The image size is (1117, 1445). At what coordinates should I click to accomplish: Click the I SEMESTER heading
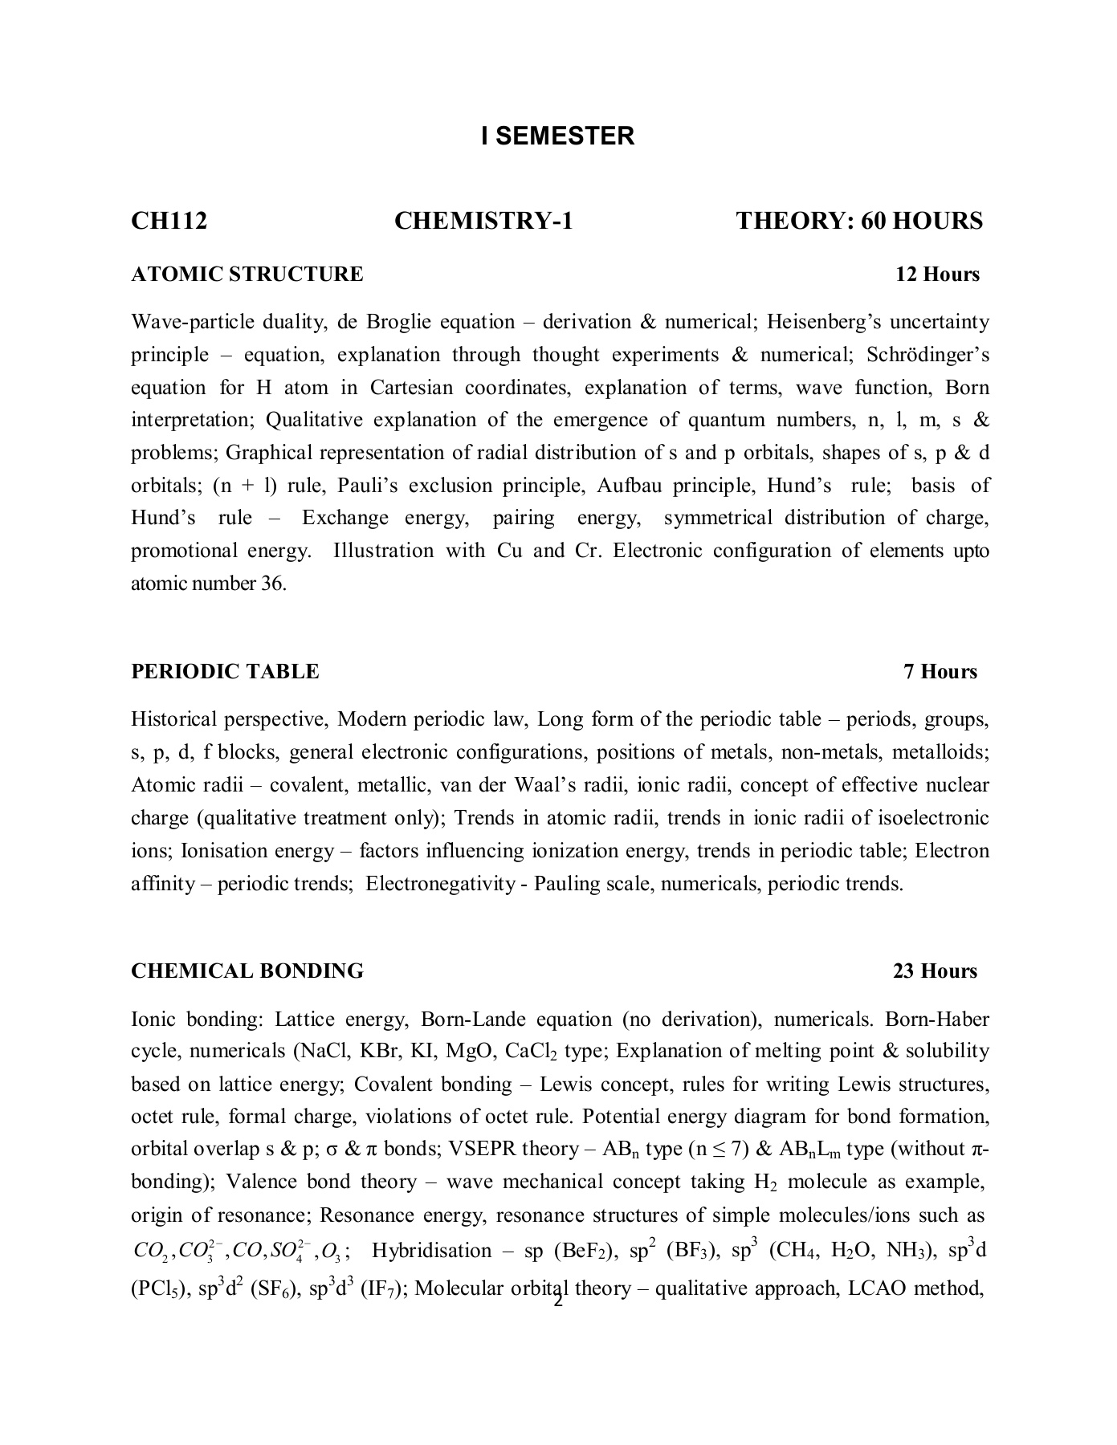click(x=557, y=136)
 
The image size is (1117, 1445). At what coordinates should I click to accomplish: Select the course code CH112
click(x=169, y=221)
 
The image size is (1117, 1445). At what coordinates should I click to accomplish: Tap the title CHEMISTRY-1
click(x=483, y=221)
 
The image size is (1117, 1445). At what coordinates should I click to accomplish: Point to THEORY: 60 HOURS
click(x=859, y=221)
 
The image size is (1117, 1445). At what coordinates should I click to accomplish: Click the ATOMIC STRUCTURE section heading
click(x=247, y=275)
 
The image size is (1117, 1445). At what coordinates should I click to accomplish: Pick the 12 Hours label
click(x=937, y=275)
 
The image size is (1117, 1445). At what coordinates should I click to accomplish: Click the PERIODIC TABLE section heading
click(x=225, y=671)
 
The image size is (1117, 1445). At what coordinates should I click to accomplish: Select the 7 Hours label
click(x=940, y=671)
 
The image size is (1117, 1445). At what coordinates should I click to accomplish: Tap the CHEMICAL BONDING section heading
click(x=247, y=971)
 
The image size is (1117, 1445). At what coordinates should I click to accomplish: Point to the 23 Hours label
click(x=935, y=971)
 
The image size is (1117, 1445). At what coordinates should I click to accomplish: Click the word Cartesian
click(x=411, y=388)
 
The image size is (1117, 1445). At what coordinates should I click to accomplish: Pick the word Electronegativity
click(x=440, y=884)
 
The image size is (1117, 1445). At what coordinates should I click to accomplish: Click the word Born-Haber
click(x=936, y=1020)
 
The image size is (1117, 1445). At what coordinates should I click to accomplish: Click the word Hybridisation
click(x=432, y=1251)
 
